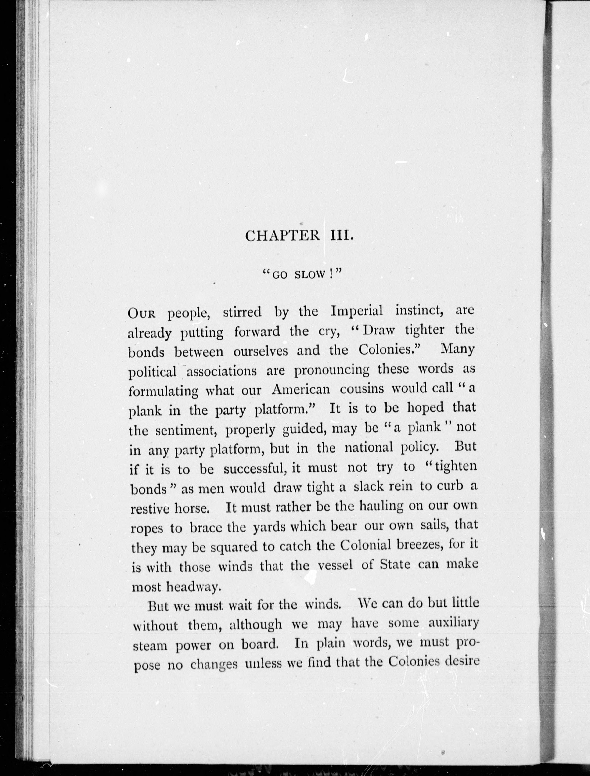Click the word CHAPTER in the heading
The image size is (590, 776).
coord(282,236)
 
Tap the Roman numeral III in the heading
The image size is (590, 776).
coord(341,236)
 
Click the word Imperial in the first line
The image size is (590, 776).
coord(357,312)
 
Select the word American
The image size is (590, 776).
coord(301,390)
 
